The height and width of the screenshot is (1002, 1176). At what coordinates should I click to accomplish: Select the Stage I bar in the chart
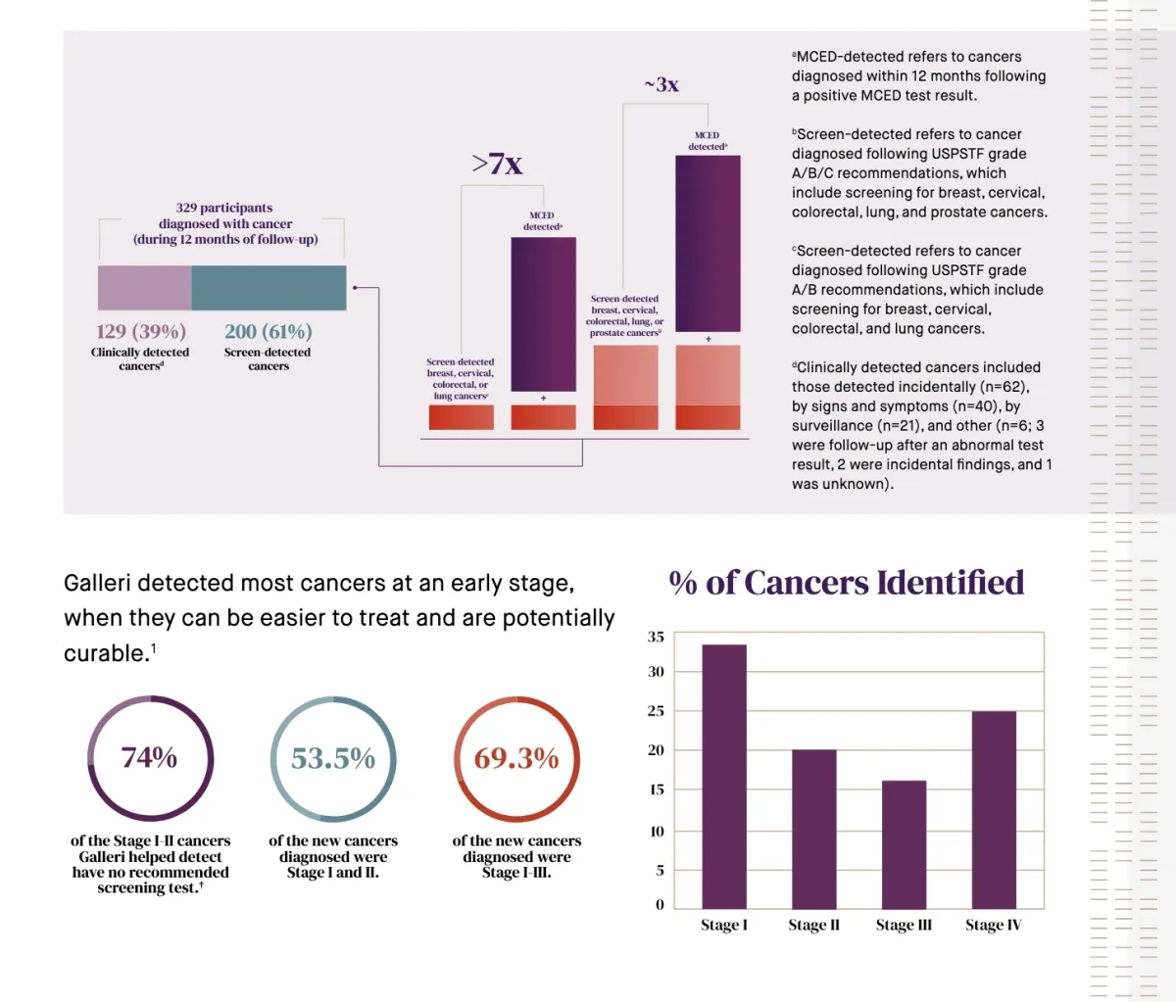click(724, 776)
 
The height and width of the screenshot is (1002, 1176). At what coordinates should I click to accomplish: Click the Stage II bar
click(814, 829)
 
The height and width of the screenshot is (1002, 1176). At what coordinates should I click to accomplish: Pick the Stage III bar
click(904, 844)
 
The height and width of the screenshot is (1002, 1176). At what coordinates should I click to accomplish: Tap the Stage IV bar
click(994, 809)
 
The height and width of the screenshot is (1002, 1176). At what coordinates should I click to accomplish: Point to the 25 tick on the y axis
click(656, 711)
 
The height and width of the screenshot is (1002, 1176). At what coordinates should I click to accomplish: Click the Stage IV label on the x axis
click(993, 926)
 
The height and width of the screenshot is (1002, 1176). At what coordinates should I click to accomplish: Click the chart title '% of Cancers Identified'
click(846, 583)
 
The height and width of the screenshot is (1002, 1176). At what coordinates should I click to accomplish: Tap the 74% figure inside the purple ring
click(149, 757)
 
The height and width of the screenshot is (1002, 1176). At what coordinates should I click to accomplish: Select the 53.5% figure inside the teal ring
click(333, 758)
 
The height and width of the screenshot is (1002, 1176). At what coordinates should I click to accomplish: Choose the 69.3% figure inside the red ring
click(516, 758)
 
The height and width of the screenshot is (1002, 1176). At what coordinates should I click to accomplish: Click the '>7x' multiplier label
click(497, 164)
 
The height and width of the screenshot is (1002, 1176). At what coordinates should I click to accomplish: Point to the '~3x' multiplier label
click(661, 85)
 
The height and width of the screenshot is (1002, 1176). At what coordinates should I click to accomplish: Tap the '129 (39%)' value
click(141, 332)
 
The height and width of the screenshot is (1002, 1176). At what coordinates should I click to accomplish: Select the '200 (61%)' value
click(269, 332)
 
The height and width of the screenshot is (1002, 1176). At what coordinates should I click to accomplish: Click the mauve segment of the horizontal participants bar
click(145, 288)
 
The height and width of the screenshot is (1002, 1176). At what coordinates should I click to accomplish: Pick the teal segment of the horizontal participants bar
click(269, 288)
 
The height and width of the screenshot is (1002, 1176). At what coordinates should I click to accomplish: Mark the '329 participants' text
click(224, 208)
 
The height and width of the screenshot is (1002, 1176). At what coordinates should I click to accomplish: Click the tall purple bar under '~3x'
click(708, 244)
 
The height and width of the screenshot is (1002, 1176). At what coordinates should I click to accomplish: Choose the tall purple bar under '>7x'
click(543, 313)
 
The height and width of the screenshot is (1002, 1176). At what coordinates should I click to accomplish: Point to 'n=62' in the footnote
click(1004, 387)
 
